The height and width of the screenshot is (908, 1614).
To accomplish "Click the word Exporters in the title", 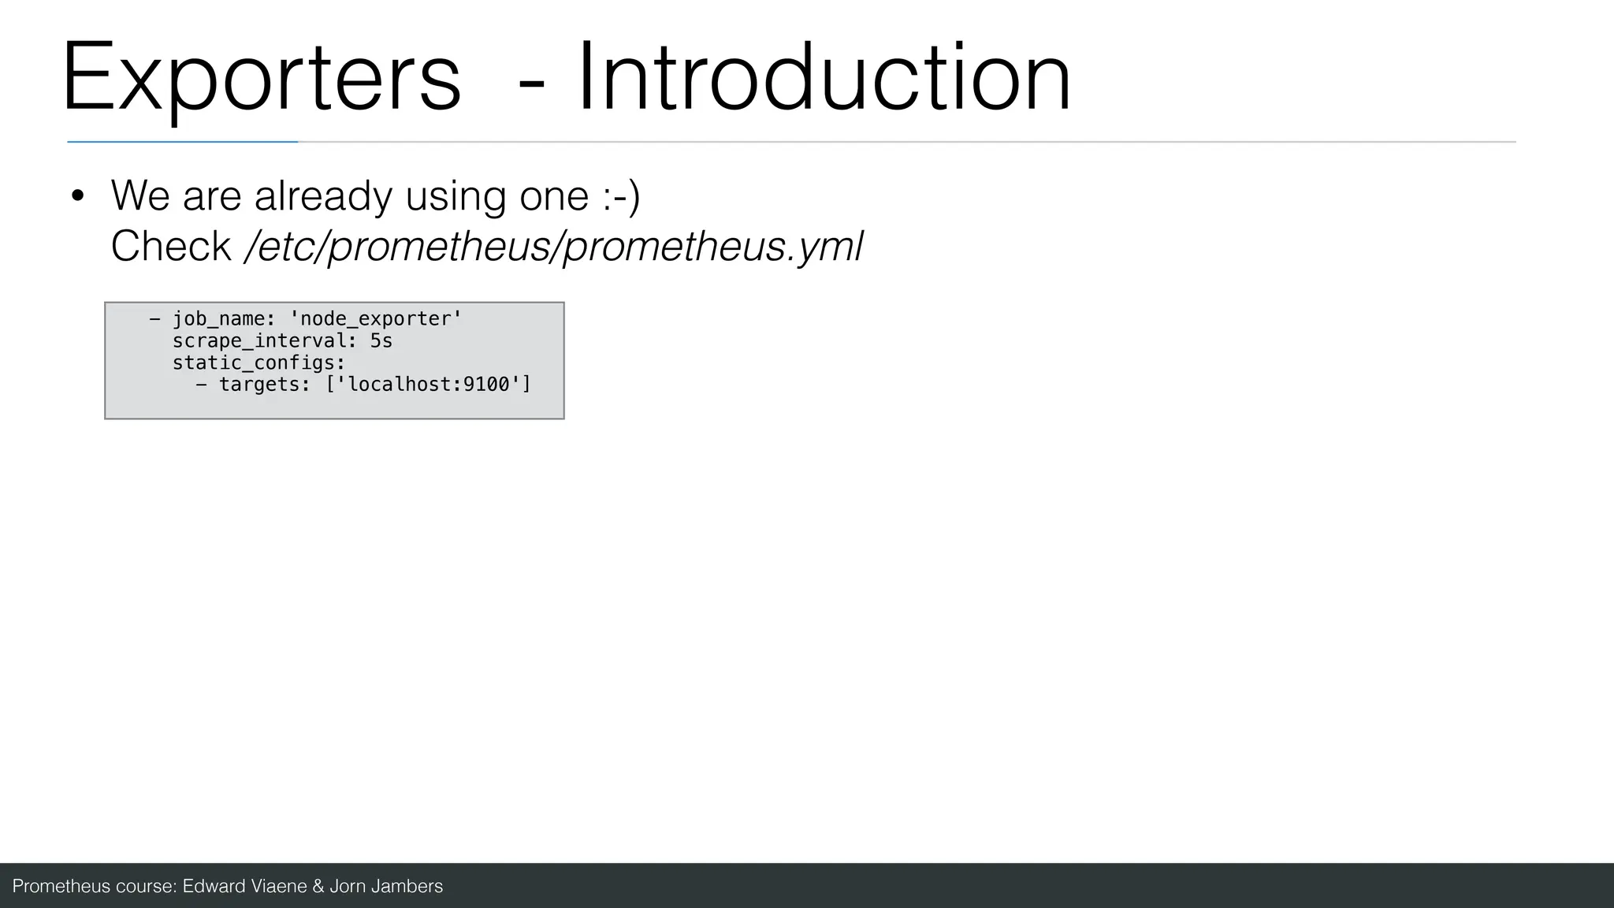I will [x=260, y=79].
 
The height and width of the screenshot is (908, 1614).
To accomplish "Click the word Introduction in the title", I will [x=824, y=79].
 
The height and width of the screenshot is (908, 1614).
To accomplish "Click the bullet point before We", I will [x=76, y=197].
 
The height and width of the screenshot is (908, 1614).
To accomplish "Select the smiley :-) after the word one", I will [x=621, y=195].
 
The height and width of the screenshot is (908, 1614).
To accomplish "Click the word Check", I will [x=170, y=247].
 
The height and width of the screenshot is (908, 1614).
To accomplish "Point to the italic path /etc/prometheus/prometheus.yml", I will [x=554, y=247].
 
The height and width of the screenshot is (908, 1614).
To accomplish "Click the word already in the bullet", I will [x=322, y=195].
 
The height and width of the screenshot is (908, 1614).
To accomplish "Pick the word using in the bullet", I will [x=455, y=195].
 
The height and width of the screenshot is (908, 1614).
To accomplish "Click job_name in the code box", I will [x=218, y=319].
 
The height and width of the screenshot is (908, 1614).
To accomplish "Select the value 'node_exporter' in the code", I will [x=376, y=319].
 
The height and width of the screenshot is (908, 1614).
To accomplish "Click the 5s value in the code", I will [x=381, y=341].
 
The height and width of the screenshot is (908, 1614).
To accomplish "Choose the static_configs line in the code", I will [x=258, y=363].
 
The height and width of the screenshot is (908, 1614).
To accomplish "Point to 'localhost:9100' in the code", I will [x=429, y=385].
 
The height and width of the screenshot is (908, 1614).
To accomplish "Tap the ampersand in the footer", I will [x=318, y=887].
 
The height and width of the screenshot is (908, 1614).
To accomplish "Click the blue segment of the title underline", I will [x=182, y=142].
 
